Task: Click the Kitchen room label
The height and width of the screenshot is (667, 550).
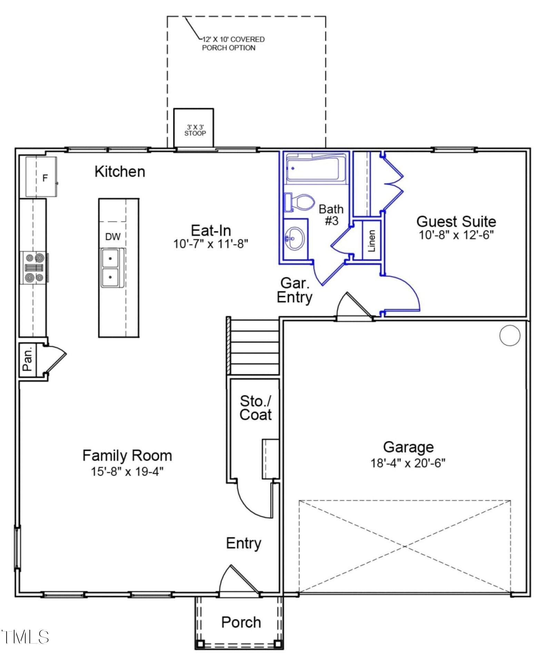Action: tap(120, 172)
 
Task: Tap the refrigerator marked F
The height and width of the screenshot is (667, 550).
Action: tap(41, 177)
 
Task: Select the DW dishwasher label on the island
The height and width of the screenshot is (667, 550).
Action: tap(113, 237)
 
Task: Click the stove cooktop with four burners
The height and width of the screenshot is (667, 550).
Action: tap(34, 268)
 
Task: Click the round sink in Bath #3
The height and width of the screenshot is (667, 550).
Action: tap(294, 238)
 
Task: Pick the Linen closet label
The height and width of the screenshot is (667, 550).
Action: tap(371, 240)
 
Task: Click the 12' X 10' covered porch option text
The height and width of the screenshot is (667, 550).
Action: tap(233, 44)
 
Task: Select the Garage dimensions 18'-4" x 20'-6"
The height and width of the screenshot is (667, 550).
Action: tap(408, 463)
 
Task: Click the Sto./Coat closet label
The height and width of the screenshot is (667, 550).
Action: tap(256, 408)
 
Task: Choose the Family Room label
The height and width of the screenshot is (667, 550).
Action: tap(127, 455)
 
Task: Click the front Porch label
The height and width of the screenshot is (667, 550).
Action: tap(241, 622)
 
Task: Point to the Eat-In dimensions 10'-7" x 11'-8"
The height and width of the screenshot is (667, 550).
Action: tap(210, 244)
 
